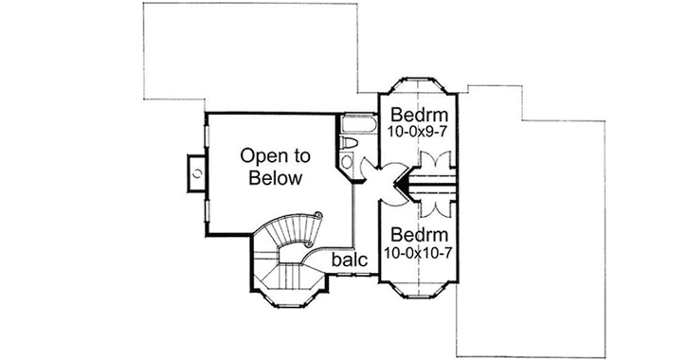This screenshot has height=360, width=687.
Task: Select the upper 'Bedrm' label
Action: [419, 117]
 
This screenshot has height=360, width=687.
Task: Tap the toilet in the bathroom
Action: [348, 144]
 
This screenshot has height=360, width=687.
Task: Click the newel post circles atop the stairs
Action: [319, 216]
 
